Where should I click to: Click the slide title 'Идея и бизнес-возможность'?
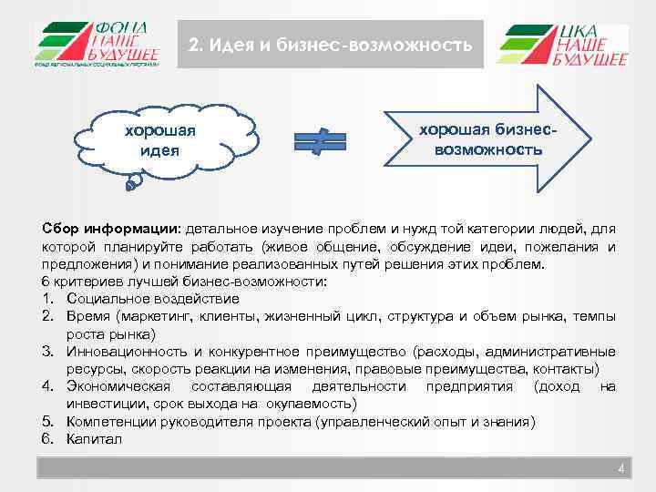(330, 45)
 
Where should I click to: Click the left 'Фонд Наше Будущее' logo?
(97, 45)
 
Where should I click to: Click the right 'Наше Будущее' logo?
(562, 46)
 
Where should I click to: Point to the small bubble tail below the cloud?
(134, 183)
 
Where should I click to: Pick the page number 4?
(620, 469)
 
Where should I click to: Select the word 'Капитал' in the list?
(93, 439)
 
